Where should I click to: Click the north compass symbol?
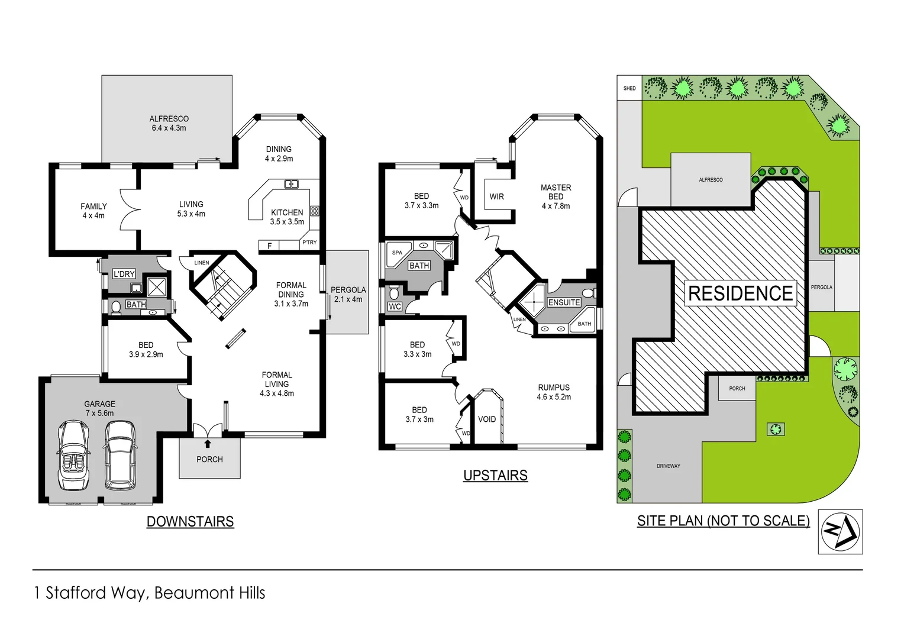coord(840,531)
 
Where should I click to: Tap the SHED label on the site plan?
coord(629,89)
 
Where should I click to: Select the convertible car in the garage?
coord(74,454)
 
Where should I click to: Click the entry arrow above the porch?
coord(208,443)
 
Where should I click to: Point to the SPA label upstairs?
coord(397,253)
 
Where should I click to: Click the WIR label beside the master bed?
coord(496,196)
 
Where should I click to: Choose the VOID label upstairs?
coord(487,419)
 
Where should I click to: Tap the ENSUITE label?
coord(564,302)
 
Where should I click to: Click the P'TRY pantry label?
coord(309,243)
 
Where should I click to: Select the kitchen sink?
coord(291,185)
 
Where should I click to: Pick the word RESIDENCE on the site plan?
coord(740,293)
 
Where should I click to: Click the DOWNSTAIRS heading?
coord(190,521)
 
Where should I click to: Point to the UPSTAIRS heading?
coord(495,475)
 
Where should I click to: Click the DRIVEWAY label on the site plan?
coord(668,466)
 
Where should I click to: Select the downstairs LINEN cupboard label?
coord(201,263)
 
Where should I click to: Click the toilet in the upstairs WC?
coord(394,293)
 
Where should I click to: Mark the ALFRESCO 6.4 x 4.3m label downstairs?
coord(169,123)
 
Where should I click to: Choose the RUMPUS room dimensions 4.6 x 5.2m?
coord(554,397)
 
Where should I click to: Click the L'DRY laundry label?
coord(124,274)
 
